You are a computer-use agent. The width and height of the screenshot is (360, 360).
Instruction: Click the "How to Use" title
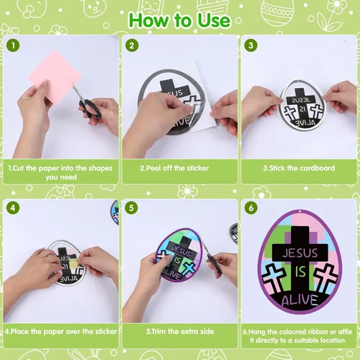pos(179,20)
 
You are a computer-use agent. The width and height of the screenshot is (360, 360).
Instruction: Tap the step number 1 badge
pos(13,45)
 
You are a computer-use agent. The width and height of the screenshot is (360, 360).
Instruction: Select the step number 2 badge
pos(132,45)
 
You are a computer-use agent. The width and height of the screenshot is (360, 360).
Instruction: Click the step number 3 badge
pos(251,45)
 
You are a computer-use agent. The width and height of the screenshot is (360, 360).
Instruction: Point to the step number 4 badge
pos(13,208)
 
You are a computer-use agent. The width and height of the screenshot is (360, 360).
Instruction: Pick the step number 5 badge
pos(131,208)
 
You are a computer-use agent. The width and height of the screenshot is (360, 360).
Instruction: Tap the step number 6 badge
pos(251,208)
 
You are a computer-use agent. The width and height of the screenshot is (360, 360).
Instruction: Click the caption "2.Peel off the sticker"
pos(174,168)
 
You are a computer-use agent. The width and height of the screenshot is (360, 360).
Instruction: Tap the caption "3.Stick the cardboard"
pos(299,168)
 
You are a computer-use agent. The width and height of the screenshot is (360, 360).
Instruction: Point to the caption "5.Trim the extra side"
pos(180,332)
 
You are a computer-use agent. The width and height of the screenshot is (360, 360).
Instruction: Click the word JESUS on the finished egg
pos(300,253)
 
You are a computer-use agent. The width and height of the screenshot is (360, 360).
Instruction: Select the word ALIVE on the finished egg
pos(300,300)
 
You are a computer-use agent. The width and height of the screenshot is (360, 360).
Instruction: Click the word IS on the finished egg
pos(300,272)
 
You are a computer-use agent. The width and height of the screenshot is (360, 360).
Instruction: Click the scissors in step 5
pos(210,257)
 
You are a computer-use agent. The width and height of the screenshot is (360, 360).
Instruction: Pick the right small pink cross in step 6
pos(325,276)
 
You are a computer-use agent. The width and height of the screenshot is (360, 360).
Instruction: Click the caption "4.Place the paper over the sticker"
pos(60,332)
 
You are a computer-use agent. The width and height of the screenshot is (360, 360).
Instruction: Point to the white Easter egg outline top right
pos(277,12)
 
